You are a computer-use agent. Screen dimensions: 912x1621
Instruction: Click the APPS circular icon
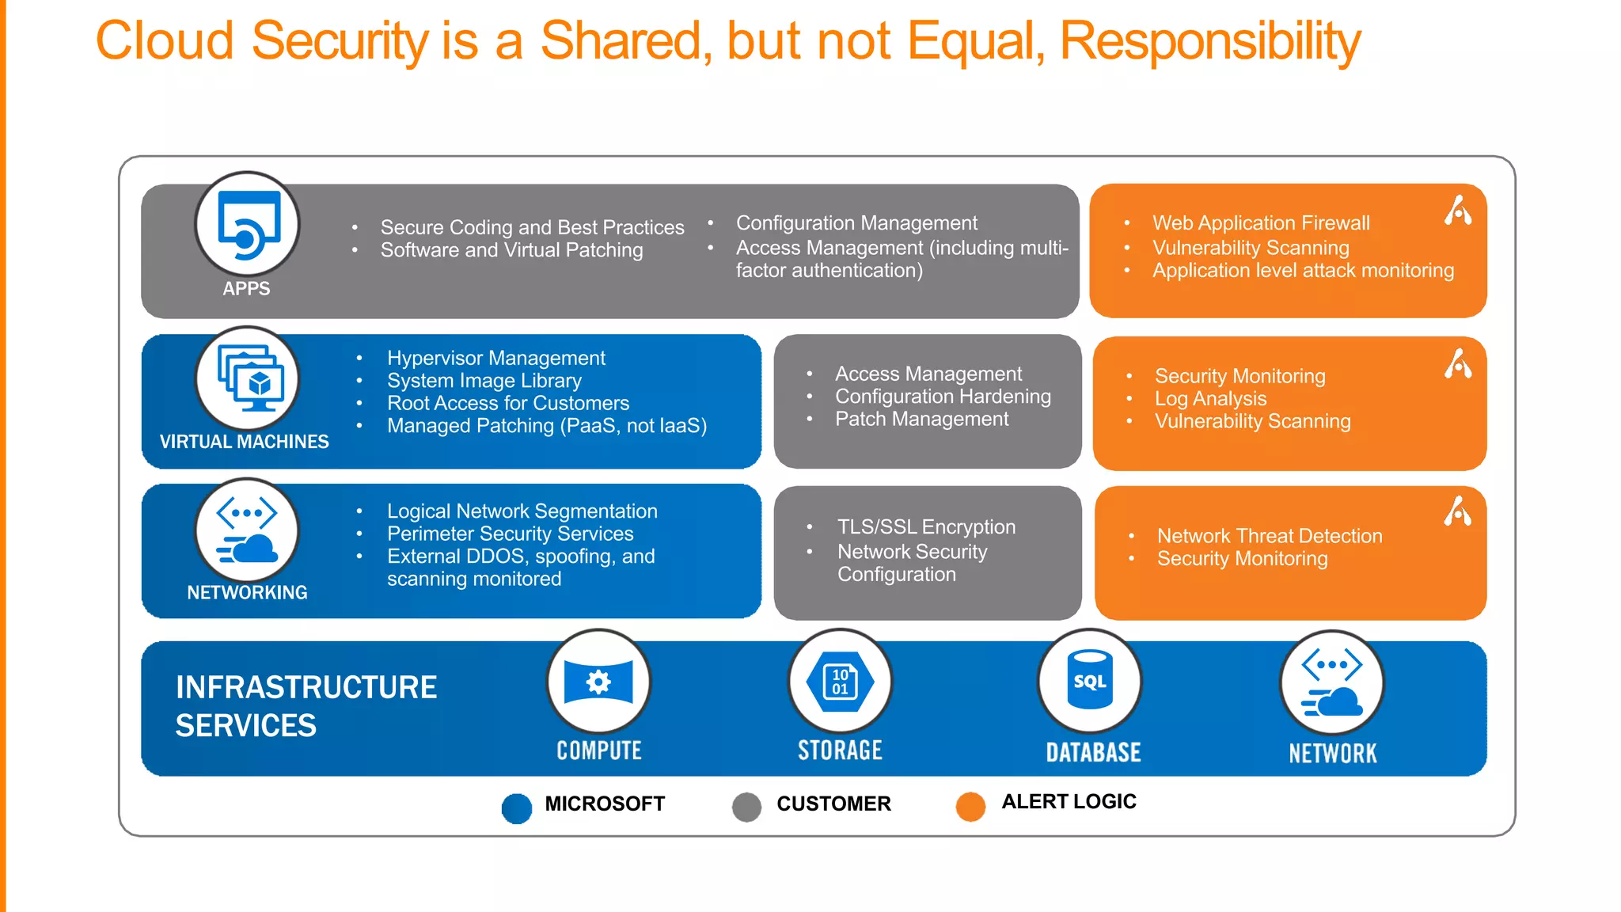point(248,224)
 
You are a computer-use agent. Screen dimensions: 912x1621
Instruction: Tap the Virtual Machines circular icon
point(248,379)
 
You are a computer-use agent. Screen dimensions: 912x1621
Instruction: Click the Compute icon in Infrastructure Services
point(598,681)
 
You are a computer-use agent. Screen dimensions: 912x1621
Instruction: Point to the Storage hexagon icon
point(840,681)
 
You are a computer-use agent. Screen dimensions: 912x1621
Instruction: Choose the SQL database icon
point(1090,681)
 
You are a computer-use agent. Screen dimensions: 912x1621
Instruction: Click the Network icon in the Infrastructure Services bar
point(1332,682)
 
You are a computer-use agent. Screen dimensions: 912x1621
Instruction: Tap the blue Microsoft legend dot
point(517,808)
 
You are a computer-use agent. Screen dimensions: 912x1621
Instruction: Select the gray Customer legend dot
point(746,807)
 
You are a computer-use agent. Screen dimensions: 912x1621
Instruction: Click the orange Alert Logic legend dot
point(970,806)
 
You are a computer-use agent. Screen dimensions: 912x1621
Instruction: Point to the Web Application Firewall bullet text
point(1261,223)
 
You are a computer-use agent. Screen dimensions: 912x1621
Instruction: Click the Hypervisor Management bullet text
point(496,358)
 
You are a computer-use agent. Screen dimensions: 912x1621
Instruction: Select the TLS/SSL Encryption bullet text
point(926,526)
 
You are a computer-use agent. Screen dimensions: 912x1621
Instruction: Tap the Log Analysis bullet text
point(1210,398)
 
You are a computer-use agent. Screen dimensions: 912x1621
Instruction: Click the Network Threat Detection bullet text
point(1270,536)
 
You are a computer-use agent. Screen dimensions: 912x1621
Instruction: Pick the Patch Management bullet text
point(921,419)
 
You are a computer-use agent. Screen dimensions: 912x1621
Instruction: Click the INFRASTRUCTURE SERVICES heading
point(306,706)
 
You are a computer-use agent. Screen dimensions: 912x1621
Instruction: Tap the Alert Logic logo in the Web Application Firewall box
point(1457,211)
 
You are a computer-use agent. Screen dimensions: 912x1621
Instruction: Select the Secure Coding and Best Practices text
point(532,227)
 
